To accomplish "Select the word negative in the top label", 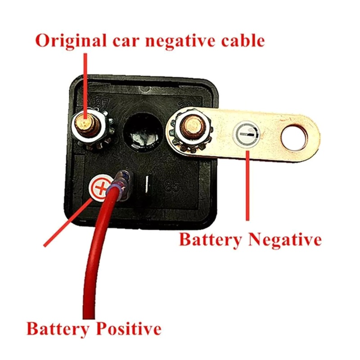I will point(174,41).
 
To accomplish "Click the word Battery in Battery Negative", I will point(210,239).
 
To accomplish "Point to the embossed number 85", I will point(172,186).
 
